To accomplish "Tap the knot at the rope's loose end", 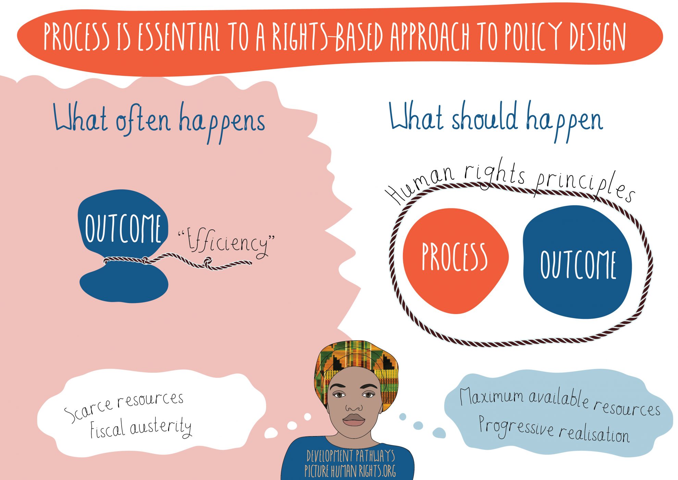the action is coord(208,263).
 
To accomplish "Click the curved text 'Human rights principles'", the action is coord(510,180).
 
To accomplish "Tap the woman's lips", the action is coord(354,420).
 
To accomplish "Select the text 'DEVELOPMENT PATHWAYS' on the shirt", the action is coord(350,456).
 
